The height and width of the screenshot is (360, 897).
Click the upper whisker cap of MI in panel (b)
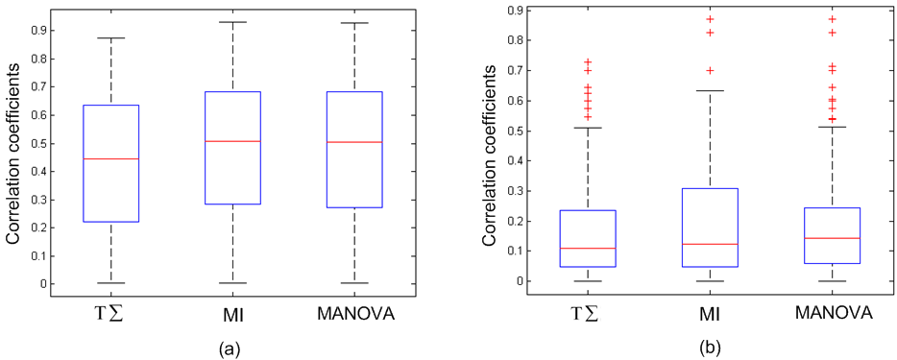pos(710,91)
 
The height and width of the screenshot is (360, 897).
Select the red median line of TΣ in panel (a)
pos(111,158)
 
